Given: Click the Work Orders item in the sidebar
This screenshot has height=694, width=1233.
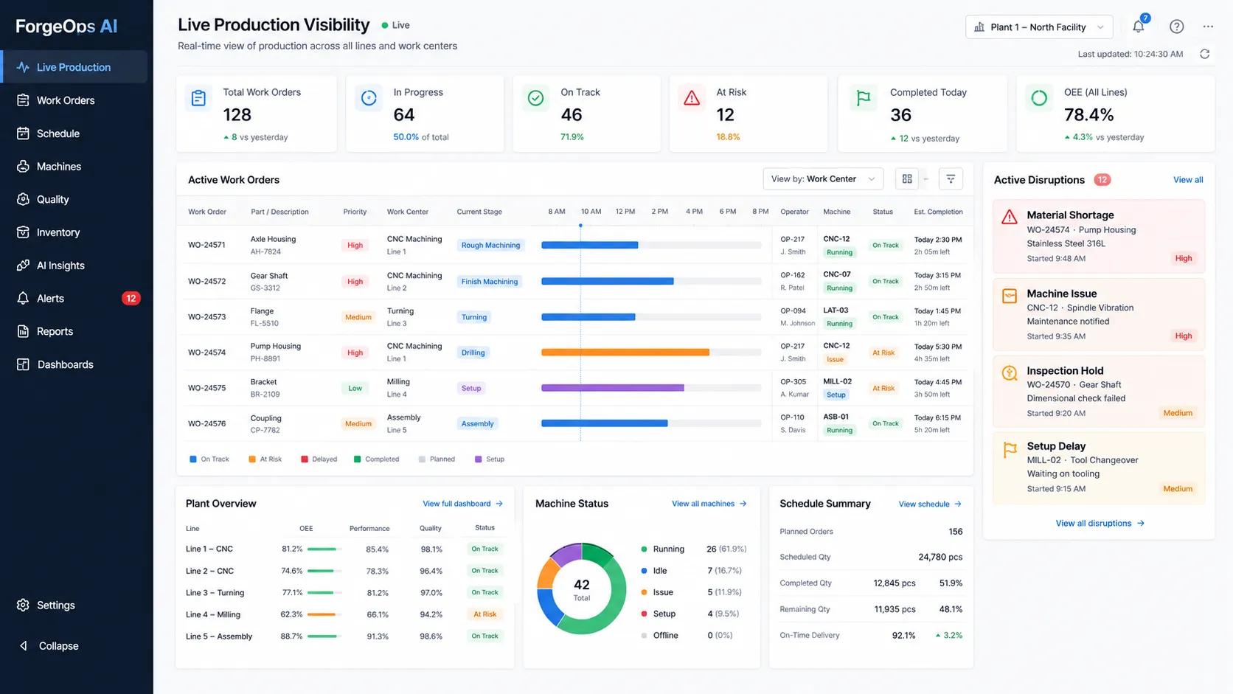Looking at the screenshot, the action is point(66,100).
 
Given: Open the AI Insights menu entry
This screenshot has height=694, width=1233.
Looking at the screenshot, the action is point(60,266).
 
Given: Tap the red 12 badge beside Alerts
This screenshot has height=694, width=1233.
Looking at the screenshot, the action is point(131,298).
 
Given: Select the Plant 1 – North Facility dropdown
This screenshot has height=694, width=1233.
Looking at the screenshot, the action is point(1039,27).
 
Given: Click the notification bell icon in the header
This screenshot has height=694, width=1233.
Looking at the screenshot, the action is point(1139,27).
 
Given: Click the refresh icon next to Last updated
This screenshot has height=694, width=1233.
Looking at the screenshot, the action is point(1205,54).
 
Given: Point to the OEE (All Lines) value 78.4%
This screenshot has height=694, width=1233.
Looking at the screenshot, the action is point(1088,114).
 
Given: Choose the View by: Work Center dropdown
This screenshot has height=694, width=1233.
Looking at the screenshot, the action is point(823,179).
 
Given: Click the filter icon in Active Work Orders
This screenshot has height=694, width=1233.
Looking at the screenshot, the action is point(951,179).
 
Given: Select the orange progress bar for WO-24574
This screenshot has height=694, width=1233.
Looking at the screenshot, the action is point(625,353).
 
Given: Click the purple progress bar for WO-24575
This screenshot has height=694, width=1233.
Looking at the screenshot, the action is point(613,388).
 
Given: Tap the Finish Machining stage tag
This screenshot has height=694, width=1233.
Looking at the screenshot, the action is point(490,281).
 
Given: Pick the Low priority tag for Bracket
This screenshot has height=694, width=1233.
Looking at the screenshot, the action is point(355,388).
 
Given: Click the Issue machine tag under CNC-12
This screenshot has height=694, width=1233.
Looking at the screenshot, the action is point(835,359).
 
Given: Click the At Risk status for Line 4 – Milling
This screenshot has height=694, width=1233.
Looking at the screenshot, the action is point(485,614).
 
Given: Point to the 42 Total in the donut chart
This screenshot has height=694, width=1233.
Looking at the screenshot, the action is point(582,589).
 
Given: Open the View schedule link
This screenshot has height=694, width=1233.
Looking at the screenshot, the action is point(930,504).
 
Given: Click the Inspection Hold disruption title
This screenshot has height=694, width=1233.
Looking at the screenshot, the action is point(1065,370).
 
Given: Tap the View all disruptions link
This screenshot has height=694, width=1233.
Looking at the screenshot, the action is point(1100,523).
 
